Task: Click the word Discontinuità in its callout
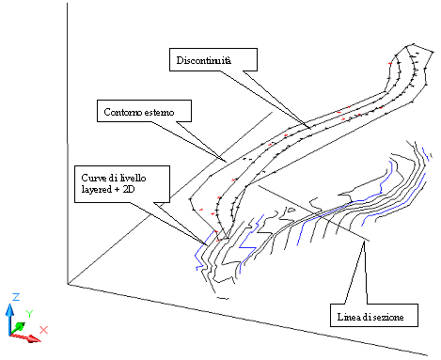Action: tap(204, 60)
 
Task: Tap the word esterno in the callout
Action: tap(160, 112)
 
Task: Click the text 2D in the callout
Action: tap(129, 189)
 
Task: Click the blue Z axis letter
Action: tap(16, 297)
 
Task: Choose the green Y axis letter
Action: tap(29, 313)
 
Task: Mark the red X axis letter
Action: tap(43, 330)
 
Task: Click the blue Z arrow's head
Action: tap(10, 309)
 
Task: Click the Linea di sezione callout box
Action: tap(374, 315)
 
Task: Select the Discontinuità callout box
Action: tap(213, 59)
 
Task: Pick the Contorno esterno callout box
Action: tap(144, 111)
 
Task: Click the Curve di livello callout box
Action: tap(122, 184)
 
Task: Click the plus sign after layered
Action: tap(118, 190)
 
